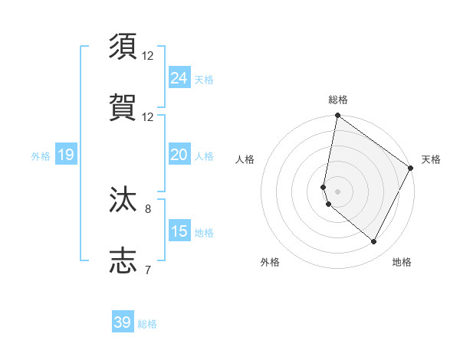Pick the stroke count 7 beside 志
[x=148, y=269]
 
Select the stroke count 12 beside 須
[x=148, y=56]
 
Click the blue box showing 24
[x=179, y=78]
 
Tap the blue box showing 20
[x=179, y=155]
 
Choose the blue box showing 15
[x=179, y=231]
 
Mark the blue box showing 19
[x=65, y=155]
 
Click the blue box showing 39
[x=123, y=322]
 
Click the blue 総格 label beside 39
[x=147, y=324]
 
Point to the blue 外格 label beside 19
[x=41, y=156]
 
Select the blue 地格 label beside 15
[x=204, y=232]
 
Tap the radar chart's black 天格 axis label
[x=431, y=159]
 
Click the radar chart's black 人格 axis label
[x=245, y=159]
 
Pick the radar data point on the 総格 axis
[x=337, y=116]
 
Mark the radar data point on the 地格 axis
[x=374, y=242]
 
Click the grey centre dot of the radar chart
[x=337, y=191]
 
